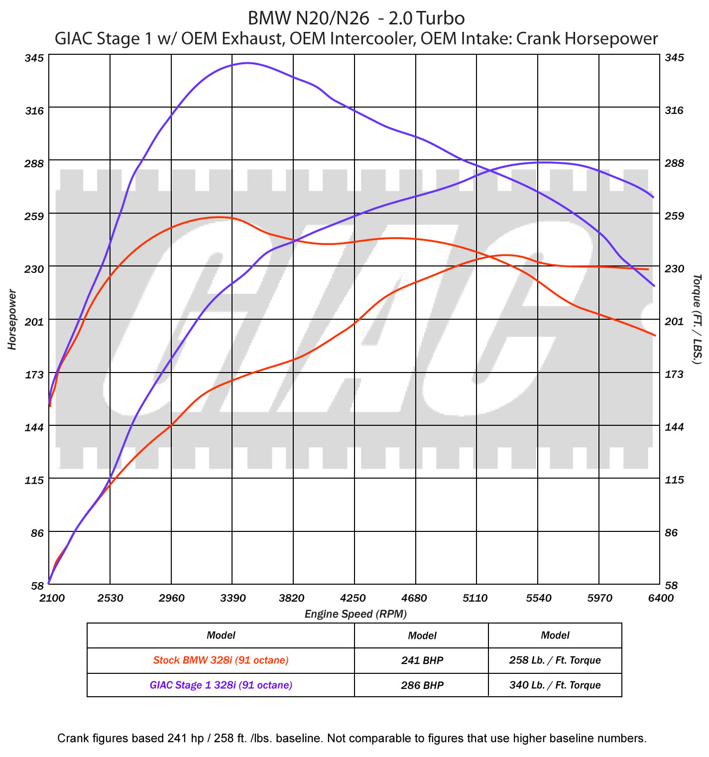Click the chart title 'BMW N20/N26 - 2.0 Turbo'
coord(356,18)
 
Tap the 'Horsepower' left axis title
coord(12,319)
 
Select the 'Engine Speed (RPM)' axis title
coord(355,614)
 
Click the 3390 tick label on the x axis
coord(233,598)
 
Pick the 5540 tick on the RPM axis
coord(538,598)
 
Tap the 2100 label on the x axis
coord(51,598)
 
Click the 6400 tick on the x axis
coord(660,598)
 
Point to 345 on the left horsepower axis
coord(34,58)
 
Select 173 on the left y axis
coord(34,374)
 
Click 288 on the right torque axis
coord(674,163)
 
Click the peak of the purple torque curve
coord(247,63)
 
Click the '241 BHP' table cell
coord(422,660)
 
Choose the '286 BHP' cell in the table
coord(422,685)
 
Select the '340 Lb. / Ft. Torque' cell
coord(555,685)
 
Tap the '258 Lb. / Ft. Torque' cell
coord(555,660)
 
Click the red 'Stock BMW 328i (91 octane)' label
coord(221,660)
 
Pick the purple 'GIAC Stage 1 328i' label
coord(221,685)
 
